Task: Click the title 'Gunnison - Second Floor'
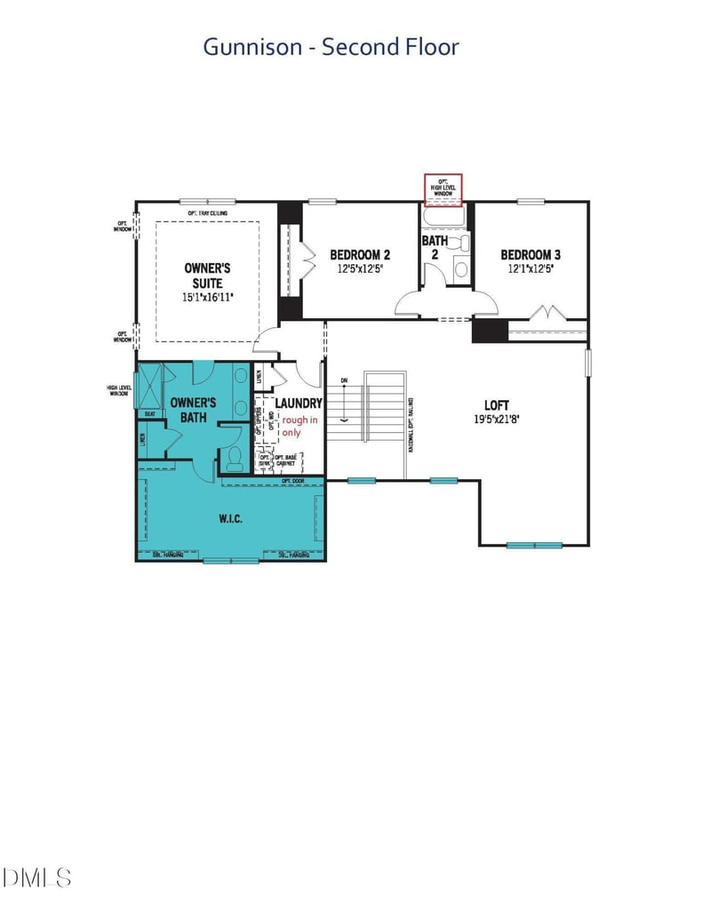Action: coord(331,46)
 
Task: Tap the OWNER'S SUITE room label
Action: coord(208,275)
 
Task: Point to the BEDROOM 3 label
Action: coord(530,253)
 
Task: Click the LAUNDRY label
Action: coord(298,403)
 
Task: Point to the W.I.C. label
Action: coord(230,518)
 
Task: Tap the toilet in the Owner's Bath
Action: coord(235,458)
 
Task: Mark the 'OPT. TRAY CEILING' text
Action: coord(208,213)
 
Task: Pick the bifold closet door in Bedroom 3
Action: coord(547,312)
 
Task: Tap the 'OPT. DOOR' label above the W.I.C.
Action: coord(293,481)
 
